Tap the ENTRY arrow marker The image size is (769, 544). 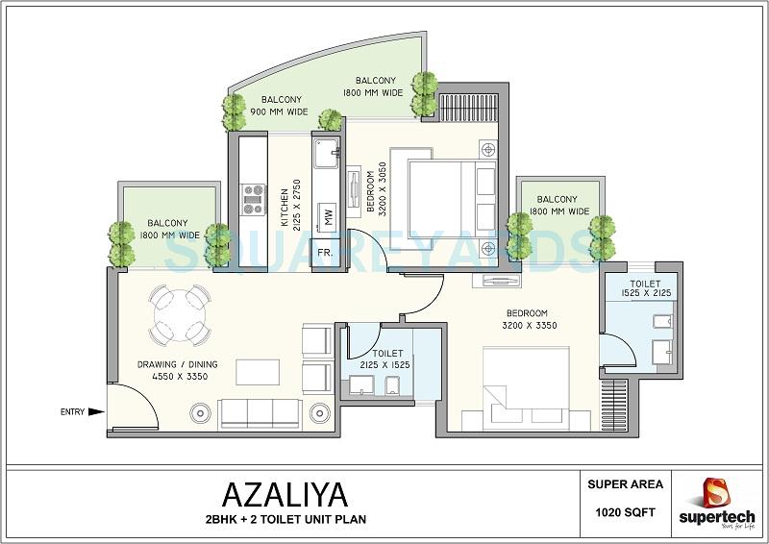[96, 412]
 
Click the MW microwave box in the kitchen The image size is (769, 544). [328, 217]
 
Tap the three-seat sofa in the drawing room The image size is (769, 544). [260, 413]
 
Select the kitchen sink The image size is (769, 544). [326, 151]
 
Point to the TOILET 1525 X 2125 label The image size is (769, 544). [645, 290]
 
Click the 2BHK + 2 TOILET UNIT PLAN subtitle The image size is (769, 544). [286, 521]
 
